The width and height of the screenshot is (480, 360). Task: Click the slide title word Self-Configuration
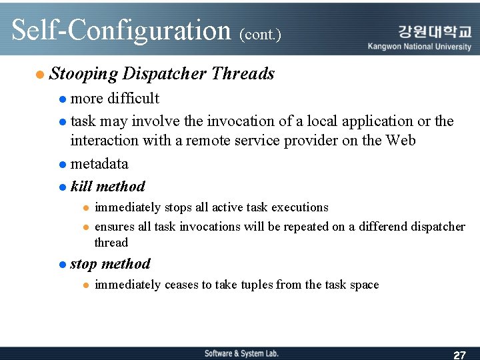pos(121,31)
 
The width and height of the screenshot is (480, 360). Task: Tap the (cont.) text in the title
pos(260,34)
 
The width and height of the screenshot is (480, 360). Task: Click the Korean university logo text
pos(434,31)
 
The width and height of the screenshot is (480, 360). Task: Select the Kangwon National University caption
pos(419,47)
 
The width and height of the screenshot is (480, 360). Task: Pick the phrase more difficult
pos(115,99)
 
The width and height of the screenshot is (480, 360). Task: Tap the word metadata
pos(99,164)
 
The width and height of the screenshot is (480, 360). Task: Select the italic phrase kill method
pos(107,187)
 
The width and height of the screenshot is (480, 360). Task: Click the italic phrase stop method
pos(110,264)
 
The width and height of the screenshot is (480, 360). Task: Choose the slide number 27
pos(459,355)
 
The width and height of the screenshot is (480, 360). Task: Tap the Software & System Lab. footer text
pos(241,353)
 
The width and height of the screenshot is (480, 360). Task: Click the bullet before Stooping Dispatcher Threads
pos(41,75)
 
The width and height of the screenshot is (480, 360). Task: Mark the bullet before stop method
pos(62,265)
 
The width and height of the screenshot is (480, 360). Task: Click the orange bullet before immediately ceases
pos(85,285)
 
